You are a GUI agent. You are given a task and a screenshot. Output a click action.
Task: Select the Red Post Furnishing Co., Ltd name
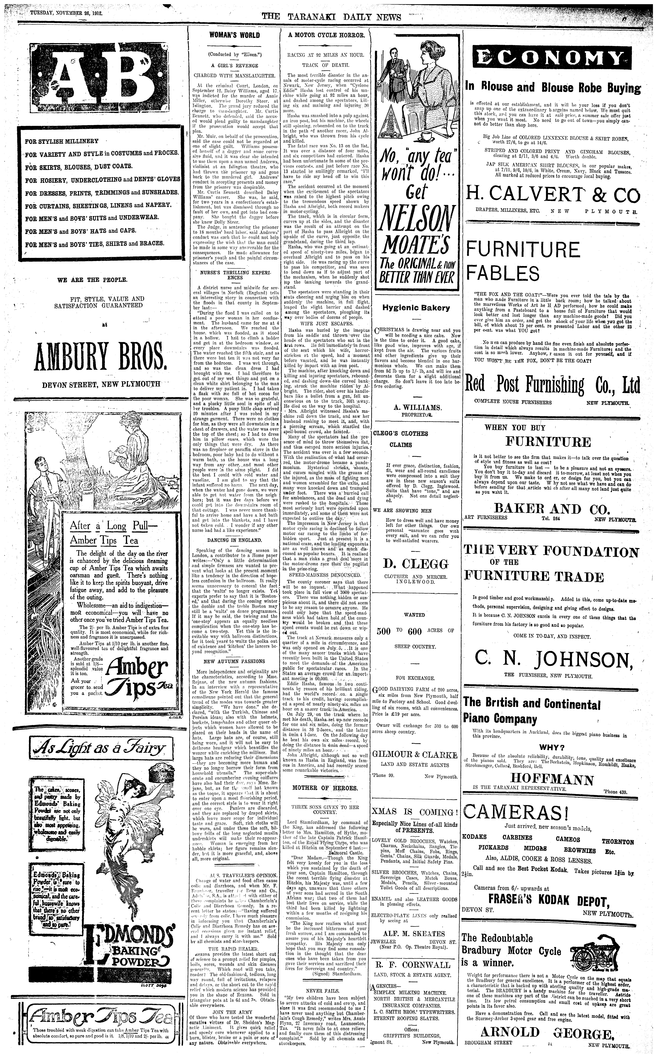coord(553,384)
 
